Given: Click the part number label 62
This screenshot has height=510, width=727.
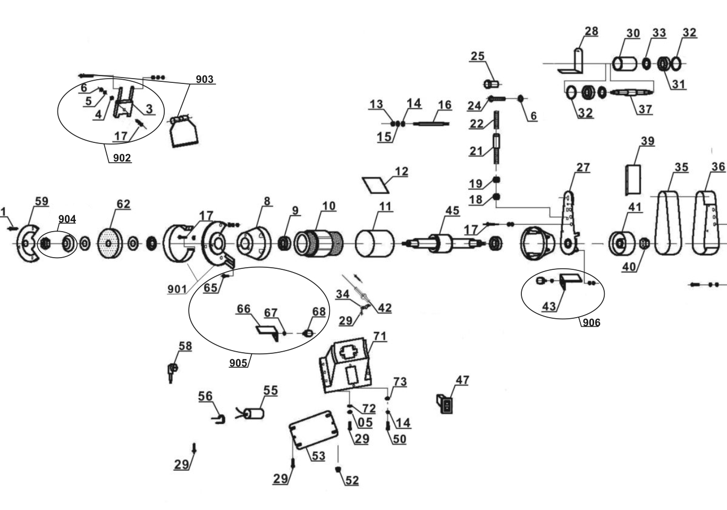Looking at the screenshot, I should point(123,204).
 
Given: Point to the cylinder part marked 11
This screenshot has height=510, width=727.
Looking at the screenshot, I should point(375,243).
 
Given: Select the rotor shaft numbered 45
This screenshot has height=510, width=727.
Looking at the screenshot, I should point(444,244).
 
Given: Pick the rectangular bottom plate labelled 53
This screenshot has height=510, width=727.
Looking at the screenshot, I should point(314,429).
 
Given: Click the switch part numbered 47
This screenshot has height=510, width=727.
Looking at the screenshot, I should point(445,404).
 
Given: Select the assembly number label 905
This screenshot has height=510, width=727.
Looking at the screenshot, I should point(239,363).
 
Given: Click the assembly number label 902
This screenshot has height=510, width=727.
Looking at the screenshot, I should point(122,158).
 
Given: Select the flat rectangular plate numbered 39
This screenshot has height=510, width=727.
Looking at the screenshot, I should point(632,180).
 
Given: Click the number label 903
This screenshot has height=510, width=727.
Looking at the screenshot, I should point(205,79).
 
